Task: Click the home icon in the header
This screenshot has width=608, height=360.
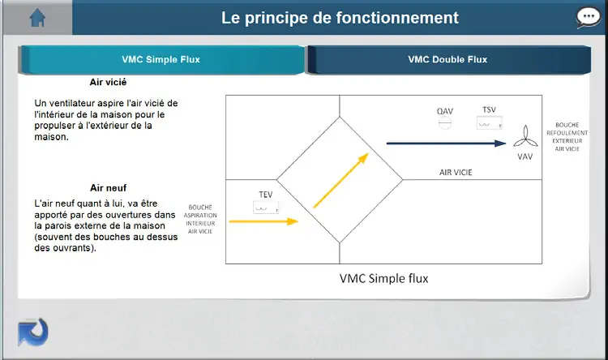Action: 37,18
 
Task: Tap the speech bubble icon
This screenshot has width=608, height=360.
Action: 589,17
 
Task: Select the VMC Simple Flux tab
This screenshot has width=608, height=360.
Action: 161,59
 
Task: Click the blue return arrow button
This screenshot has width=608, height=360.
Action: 33,332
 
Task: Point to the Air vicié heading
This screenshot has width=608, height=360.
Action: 108,82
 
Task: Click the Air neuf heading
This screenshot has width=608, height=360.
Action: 108,188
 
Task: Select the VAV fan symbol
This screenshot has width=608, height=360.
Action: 525,136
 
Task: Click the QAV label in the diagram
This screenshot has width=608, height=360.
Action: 445,111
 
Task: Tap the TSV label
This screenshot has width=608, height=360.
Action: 489,109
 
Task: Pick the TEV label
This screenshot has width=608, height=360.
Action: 266,195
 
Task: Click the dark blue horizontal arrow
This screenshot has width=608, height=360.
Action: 446,144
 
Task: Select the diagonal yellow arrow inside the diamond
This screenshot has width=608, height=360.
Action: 340,180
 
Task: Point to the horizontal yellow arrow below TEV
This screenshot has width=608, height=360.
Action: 263,221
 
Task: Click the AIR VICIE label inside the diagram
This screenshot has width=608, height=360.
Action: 456,173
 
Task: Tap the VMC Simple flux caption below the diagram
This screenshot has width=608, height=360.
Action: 384,279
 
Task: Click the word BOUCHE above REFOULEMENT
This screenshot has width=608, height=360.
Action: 567,125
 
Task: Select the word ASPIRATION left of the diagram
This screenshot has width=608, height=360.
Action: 200,216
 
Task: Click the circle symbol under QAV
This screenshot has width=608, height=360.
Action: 445,123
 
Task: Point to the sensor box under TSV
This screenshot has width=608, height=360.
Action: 490,123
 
